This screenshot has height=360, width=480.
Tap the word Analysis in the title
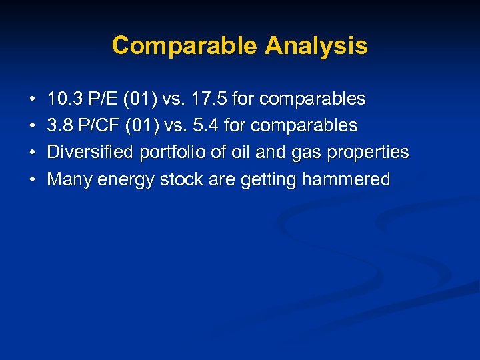tap(316, 46)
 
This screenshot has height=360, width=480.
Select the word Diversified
tap(91, 153)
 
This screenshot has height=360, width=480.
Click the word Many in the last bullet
tap(69, 180)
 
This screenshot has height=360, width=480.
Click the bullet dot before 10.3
tap(33, 100)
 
